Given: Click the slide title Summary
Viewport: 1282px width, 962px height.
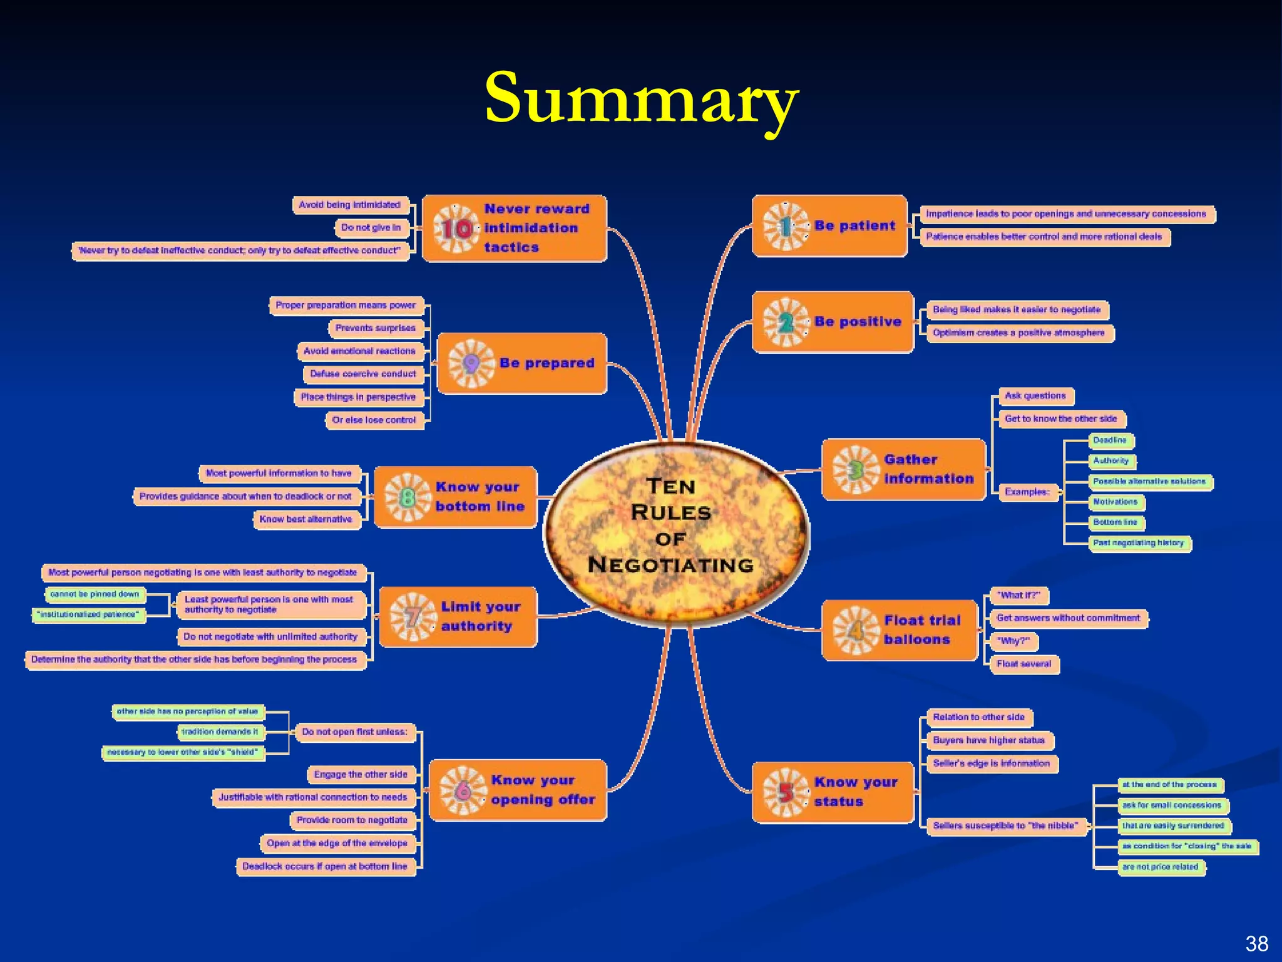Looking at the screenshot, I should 641,99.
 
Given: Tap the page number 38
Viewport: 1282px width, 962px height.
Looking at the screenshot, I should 1256,943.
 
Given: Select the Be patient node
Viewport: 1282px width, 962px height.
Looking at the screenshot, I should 829,226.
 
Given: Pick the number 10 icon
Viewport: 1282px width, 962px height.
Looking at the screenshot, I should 456,229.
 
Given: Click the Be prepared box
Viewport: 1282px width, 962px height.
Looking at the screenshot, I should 522,363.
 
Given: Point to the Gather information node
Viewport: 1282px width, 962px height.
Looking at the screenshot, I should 903,469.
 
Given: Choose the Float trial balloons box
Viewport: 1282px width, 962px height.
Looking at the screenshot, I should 899,630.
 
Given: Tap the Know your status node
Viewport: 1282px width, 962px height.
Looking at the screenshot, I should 833,792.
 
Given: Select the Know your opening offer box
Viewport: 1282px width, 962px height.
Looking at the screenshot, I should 518,790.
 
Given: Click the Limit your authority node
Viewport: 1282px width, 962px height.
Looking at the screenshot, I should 458,617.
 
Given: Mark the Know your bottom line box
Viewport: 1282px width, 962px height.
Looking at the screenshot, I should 456,497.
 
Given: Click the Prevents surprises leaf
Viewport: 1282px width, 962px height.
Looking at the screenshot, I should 375,328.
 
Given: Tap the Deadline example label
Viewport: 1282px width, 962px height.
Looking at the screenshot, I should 1109,440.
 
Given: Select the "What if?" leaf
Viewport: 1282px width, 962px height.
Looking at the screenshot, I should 1018,596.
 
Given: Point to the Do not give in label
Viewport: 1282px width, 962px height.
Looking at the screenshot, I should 371,228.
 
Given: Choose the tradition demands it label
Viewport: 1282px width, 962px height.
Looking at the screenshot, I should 220,732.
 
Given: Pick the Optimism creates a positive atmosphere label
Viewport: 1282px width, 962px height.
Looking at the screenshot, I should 1018,333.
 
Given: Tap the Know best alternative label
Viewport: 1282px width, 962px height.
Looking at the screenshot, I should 306,520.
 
